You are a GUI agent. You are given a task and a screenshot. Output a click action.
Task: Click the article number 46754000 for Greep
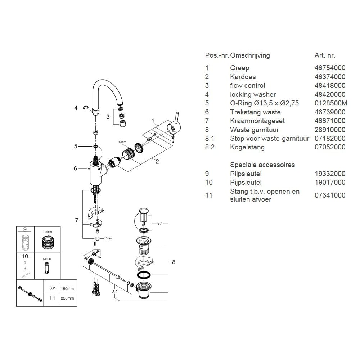[330, 68]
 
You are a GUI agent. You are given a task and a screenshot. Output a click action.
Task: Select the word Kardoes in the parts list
[243, 77]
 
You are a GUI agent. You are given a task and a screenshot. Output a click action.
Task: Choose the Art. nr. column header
[325, 55]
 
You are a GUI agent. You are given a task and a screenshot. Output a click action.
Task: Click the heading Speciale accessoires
[262, 165]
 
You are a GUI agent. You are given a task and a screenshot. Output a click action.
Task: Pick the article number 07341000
[330, 195]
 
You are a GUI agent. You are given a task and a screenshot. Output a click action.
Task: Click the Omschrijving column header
[250, 55]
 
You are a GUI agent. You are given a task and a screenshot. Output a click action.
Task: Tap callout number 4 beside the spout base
[76, 108]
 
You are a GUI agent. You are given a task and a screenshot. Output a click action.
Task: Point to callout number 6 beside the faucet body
[75, 168]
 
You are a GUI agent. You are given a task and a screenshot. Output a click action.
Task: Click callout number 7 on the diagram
[76, 220]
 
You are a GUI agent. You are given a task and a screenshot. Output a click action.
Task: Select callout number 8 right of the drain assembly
[174, 262]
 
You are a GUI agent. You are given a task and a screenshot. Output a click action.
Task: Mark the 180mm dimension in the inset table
[68, 288]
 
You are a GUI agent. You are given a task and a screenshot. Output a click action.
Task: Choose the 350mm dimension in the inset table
[68, 298]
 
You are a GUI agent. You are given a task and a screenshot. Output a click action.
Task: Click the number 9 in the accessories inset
[25, 229]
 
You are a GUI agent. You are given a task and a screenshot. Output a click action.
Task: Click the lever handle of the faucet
[177, 119]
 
